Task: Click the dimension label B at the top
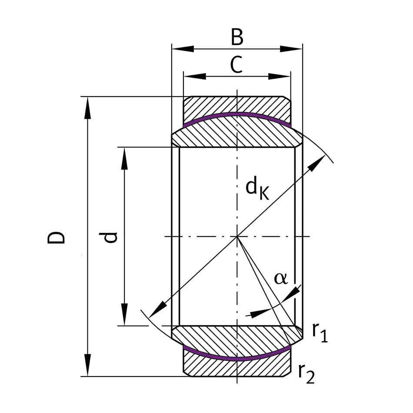pos(237,38)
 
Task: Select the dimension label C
pos(236,66)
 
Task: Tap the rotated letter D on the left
pos(57,237)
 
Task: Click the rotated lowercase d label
pos(110,237)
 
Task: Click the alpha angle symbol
pos(281,278)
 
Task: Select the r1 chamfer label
pos(320,333)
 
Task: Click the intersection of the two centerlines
pos(237,237)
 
